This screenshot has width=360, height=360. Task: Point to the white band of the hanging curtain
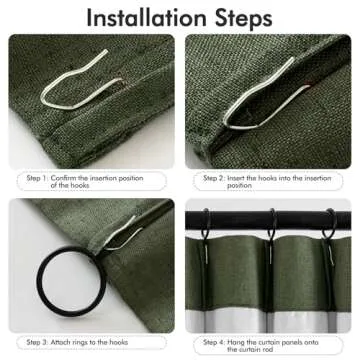[270, 300]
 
